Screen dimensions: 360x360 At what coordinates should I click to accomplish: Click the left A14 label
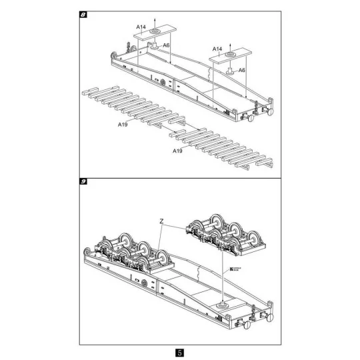[141, 27]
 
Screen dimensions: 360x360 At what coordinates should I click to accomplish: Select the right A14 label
[217, 49]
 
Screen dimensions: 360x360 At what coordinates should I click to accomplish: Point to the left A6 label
[166, 45]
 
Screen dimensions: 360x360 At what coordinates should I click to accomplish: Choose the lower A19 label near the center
[178, 151]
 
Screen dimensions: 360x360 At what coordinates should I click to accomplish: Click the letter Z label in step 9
[161, 219]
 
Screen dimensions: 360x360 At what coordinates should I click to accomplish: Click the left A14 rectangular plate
[153, 32]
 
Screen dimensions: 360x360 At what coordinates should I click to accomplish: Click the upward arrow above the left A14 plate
[153, 20]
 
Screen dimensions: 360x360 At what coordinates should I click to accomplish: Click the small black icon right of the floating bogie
[232, 270]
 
